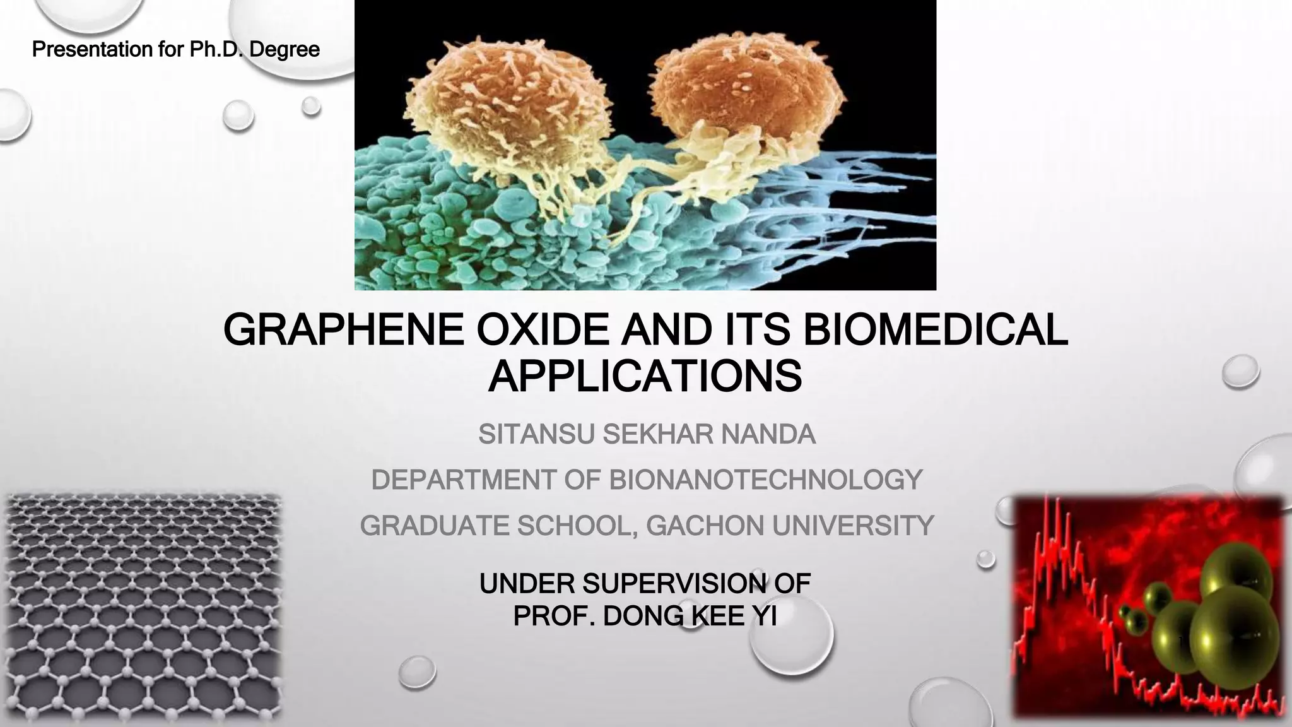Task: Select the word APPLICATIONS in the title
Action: point(645,377)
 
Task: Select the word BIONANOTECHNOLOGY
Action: point(765,480)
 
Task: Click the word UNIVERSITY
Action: point(852,526)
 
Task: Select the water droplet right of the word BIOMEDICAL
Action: point(1240,372)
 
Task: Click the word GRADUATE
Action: point(433,526)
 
